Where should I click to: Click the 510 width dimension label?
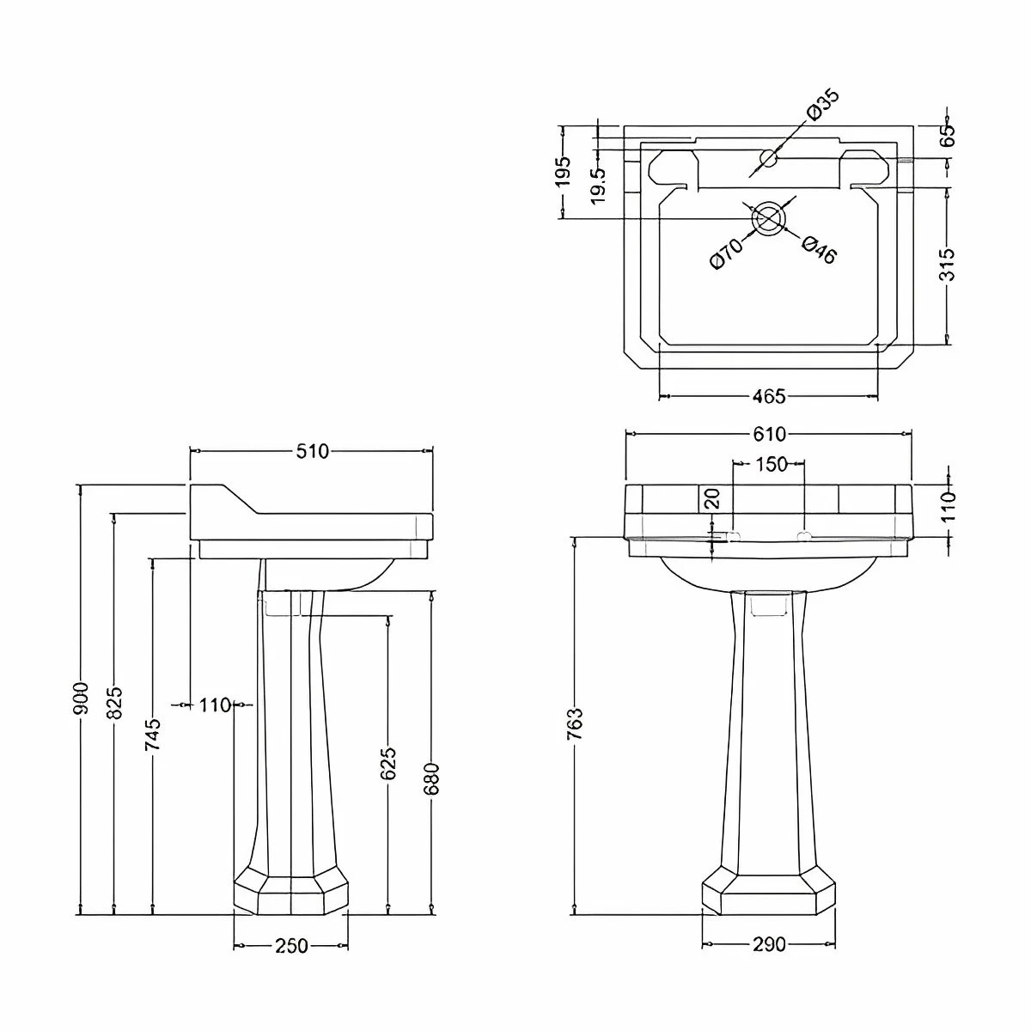312,452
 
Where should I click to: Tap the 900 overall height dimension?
82,699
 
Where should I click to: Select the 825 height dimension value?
115,703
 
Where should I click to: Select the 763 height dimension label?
576,724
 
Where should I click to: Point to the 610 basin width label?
769,434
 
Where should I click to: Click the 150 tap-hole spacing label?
771,464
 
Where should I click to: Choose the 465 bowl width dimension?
769,396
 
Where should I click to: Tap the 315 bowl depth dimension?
947,265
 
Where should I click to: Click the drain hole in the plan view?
769,218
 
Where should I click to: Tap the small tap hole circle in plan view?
769,158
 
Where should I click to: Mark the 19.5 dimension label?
599,185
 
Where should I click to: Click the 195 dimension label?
563,173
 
